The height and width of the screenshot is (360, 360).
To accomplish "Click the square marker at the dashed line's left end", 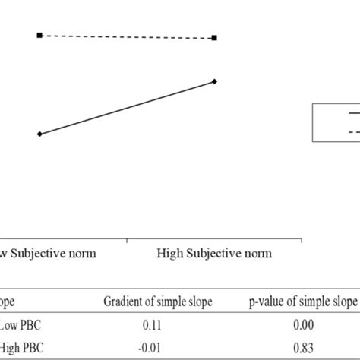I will pyautogui.click(x=39, y=35).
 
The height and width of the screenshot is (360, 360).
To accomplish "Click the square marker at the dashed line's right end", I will pyautogui.click(x=215, y=37).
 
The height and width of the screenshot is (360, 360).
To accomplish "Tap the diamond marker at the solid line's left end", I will pyautogui.click(x=39, y=134).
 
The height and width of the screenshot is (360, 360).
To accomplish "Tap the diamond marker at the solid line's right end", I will pyautogui.click(x=215, y=81).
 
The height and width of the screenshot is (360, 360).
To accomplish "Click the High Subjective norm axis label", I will pyautogui.click(x=214, y=253).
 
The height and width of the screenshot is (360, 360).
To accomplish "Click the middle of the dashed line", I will pyautogui.click(x=128, y=36).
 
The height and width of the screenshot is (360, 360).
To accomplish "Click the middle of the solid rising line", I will pyautogui.click(x=128, y=107).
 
